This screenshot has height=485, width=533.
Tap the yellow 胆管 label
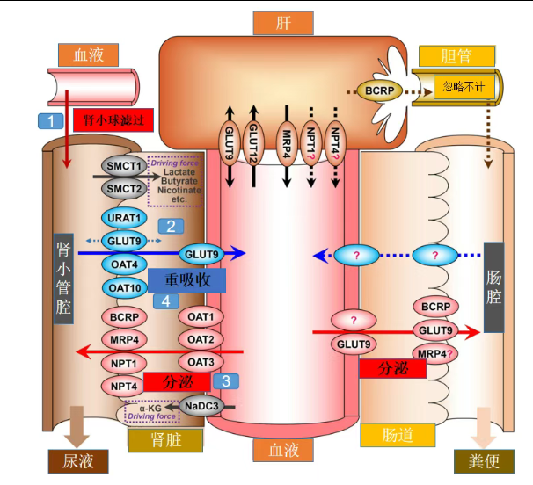(x=456, y=56)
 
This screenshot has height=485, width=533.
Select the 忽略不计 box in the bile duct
(x=464, y=86)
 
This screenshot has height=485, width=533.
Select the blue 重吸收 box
(x=186, y=280)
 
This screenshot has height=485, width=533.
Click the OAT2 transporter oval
(x=201, y=339)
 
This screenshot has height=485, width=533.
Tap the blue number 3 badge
(x=226, y=381)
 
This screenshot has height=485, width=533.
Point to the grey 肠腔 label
(x=494, y=286)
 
